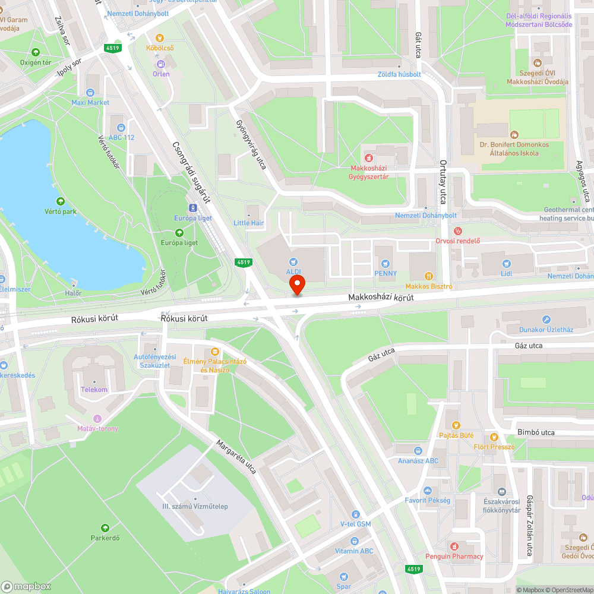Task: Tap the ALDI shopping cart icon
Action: tap(293, 261)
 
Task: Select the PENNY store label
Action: tap(385, 273)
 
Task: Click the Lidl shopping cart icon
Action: tap(506, 264)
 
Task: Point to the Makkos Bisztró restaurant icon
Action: tap(428, 276)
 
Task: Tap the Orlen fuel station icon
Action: tap(160, 64)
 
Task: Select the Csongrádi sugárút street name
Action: tap(191, 172)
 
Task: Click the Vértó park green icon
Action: tap(59, 201)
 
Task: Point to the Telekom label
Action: tap(94, 390)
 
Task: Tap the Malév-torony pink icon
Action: tap(97, 419)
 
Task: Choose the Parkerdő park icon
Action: tap(105, 528)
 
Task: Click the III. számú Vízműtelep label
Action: tap(195, 506)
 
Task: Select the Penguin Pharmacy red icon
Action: tap(454, 546)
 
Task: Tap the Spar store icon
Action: tap(344, 565)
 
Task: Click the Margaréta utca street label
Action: tap(236, 456)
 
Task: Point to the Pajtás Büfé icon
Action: tap(456, 425)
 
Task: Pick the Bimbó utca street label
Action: tap(535, 432)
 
